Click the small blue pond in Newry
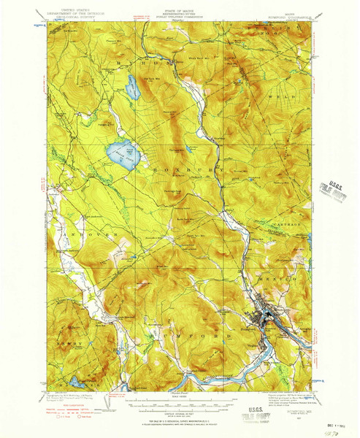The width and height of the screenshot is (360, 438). click(76, 381)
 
